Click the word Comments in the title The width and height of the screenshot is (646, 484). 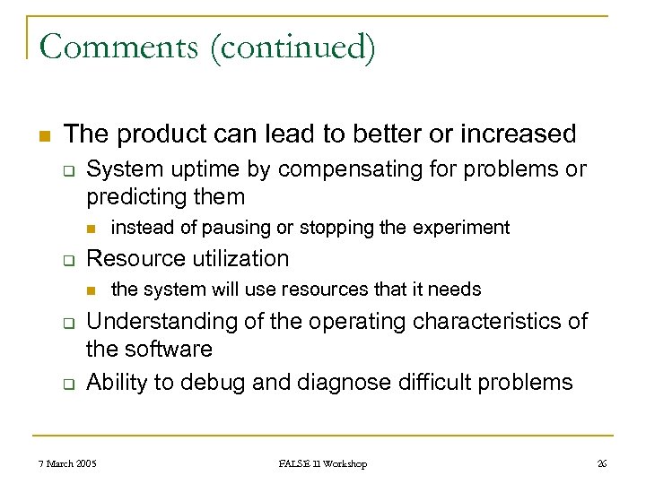point(119,47)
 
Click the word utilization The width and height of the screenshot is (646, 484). point(239,259)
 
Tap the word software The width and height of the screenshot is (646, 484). point(170,349)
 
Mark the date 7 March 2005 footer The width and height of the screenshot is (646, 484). point(68,463)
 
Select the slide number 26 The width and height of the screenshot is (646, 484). point(601,463)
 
